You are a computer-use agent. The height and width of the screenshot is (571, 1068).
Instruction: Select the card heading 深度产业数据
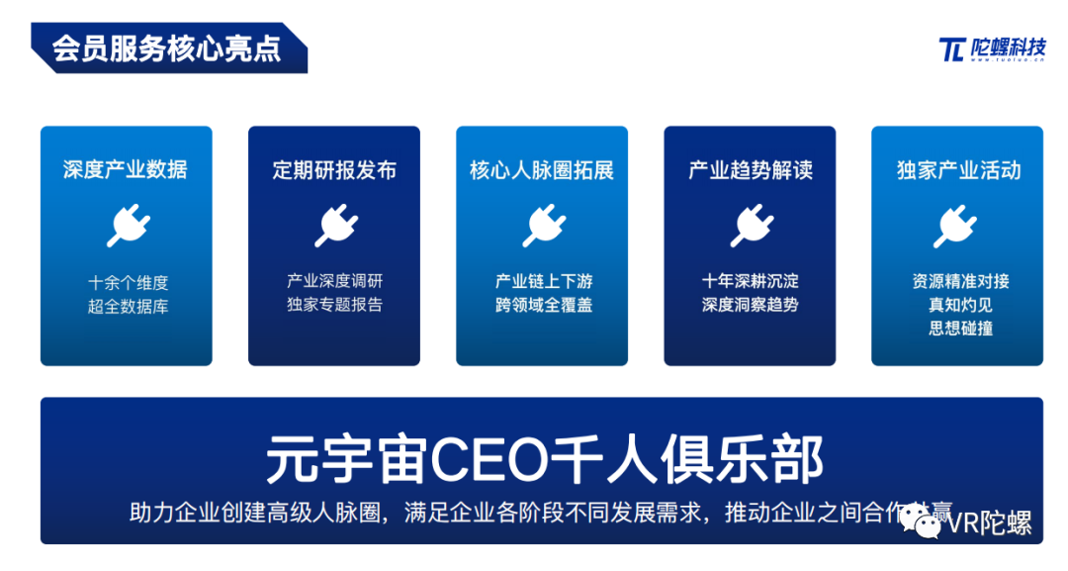click(x=126, y=169)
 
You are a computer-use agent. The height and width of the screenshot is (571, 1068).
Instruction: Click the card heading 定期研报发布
click(x=334, y=169)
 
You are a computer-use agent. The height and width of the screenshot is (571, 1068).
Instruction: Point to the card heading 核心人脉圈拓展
click(x=542, y=169)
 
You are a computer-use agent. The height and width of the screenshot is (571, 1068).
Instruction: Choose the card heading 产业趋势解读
click(x=750, y=169)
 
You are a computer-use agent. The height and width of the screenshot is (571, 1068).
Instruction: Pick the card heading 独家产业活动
click(x=957, y=169)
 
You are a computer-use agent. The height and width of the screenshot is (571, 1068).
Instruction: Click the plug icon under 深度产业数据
click(x=127, y=226)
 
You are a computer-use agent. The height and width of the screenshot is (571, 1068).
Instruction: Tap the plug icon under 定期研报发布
click(x=335, y=226)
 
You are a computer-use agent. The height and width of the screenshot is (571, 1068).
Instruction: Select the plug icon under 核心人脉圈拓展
click(x=543, y=226)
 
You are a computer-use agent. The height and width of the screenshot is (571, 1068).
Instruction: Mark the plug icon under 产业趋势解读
click(x=751, y=226)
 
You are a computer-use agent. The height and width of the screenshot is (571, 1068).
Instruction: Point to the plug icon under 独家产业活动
click(x=955, y=226)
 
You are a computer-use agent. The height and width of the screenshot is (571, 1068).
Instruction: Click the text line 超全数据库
click(x=128, y=307)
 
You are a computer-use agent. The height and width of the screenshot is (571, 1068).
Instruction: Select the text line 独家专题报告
click(x=335, y=305)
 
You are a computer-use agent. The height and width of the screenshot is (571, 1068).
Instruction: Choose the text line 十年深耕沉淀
click(x=751, y=281)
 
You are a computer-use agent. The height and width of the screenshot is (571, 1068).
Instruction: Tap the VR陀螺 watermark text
click(x=989, y=523)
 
